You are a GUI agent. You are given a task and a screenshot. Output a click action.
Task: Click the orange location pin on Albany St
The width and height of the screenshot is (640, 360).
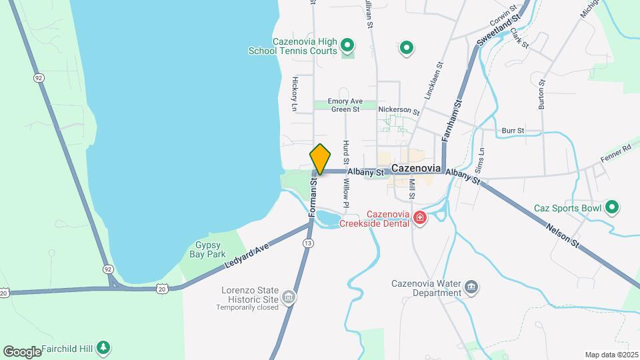pyautogui.click(x=320, y=159)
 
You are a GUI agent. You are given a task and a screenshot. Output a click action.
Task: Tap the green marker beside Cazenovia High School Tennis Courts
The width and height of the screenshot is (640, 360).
pyautogui.click(x=347, y=46)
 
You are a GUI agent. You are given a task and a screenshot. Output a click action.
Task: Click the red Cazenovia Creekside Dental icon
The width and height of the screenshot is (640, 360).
pyautogui.click(x=420, y=217)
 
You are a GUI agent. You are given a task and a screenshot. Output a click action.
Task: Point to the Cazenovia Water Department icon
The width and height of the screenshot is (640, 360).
pyautogui.click(x=471, y=287)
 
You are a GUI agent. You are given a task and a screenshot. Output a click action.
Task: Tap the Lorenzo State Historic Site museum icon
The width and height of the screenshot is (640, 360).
pyautogui.click(x=289, y=297)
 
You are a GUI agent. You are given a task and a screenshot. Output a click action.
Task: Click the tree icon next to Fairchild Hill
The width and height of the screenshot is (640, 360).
pyautogui.click(x=103, y=347)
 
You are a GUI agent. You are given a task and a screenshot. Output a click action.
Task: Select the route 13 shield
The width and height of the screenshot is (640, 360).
pyautogui.click(x=307, y=243)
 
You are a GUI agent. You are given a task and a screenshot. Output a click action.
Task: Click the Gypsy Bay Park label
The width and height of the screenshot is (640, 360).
pyautogui.click(x=211, y=250)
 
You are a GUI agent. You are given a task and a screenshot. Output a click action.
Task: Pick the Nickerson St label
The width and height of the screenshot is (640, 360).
pyautogui.click(x=398, y=110)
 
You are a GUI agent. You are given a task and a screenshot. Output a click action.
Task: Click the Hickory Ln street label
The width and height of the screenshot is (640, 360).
pyautogui.click(x=294, y=93)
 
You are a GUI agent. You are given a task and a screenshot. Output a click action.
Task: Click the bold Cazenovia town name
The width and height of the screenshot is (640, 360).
pyautogui.click(x=418, y=169)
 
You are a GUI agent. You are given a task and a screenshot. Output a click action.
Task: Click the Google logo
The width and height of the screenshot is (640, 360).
pyautogui.click(x=22, y=351)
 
